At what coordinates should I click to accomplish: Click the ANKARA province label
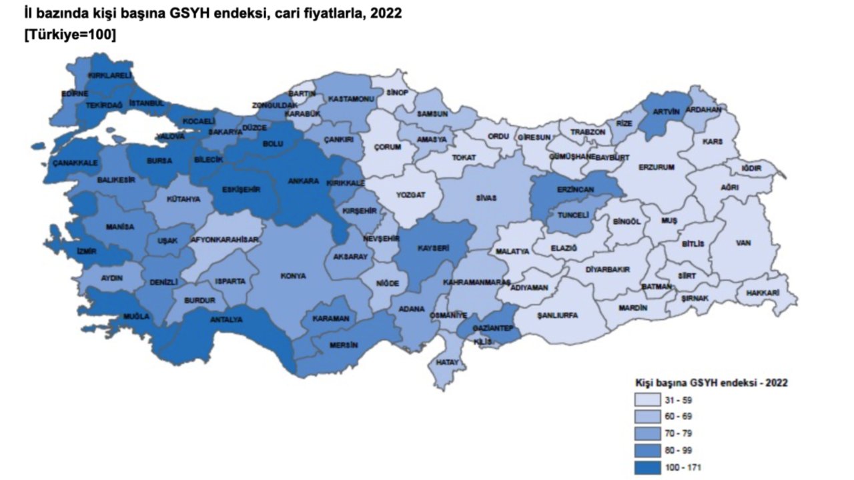click(x=303, y=181)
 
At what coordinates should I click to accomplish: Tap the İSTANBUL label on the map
click(x=146, y=103)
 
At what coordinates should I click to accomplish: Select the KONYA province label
click(x=294, y=275)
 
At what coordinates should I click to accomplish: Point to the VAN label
click(x=743, y=243)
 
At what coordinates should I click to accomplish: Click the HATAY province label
click(x=445, y=362)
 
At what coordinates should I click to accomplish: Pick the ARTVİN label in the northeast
click(x=665, y=112)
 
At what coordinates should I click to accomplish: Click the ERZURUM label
click(x=657, y=167)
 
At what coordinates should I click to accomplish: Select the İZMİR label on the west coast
click(x=87, y=251)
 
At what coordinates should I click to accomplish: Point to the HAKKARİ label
click(x=765, y=291)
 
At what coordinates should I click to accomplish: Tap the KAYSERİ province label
click(x=432, y=247)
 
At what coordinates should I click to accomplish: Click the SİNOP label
click(x=396, y=92)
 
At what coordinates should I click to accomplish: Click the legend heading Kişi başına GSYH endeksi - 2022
click(x=711, y=383)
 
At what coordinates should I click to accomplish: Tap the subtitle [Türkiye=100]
click(x=69, y=36)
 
